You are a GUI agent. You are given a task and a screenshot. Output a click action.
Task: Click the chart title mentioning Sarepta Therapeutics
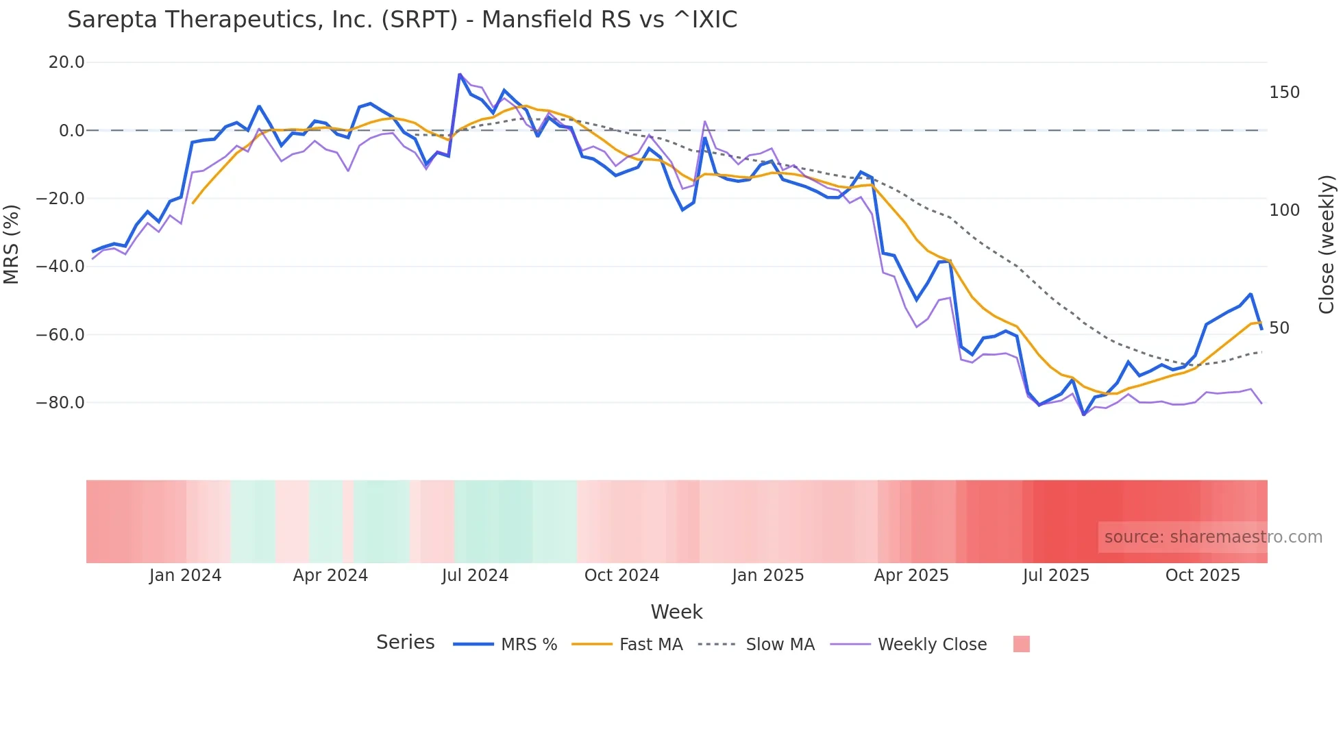402,20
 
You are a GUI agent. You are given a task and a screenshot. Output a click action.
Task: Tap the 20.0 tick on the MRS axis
66,62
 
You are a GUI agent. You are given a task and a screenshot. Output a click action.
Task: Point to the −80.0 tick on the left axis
60,403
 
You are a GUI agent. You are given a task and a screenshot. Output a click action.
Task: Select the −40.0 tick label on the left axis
60,267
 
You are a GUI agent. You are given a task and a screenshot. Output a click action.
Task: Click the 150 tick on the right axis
1284,92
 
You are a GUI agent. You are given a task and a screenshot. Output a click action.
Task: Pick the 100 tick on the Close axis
1284,210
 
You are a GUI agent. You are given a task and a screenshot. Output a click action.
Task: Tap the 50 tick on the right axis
1279,328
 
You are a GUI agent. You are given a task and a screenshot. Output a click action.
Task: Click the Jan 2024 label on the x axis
185,575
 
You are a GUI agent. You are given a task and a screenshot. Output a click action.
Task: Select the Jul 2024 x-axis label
475,575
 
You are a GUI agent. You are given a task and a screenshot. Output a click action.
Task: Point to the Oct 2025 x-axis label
1203,575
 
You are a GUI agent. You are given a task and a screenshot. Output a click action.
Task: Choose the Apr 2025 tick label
911,575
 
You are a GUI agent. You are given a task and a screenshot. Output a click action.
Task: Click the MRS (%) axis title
12,244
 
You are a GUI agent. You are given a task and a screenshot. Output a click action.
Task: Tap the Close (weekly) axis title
1327,244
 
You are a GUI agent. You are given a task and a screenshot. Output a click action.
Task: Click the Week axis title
676,612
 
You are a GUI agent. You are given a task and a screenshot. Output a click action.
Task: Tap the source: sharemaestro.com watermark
1213,537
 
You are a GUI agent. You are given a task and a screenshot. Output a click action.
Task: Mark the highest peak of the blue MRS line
459,75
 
